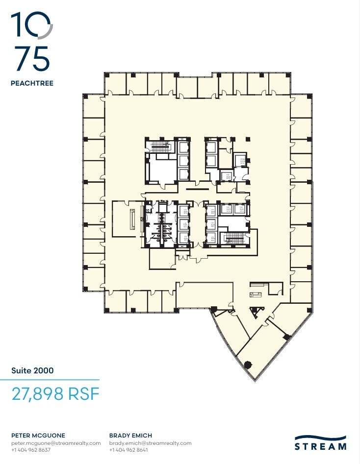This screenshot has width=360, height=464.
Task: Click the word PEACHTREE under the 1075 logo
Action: tap(32, 83)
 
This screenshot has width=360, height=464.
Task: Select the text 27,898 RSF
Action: tap(55, 394)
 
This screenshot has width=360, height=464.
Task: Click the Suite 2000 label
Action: tap(32, 370)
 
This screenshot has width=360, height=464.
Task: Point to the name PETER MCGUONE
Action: tap(38, 436)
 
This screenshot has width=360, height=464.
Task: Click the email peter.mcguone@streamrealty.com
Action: tap(55, 443)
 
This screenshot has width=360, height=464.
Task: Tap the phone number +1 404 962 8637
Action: tap(30, 450)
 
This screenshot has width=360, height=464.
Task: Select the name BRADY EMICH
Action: tap(130, 436)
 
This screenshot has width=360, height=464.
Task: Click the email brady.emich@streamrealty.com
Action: tap(150, 443)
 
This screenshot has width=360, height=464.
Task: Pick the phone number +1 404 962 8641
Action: tap(129, 450)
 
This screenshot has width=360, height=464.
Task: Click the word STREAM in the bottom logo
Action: tap(320, 447)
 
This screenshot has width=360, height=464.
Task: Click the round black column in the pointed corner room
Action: tap(248, 364)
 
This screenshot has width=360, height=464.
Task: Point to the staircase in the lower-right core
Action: tap(235, 239)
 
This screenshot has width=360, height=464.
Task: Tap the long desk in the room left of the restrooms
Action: tap(132, 219)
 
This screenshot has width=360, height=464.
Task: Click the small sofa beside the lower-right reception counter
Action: tap(255, 294)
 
